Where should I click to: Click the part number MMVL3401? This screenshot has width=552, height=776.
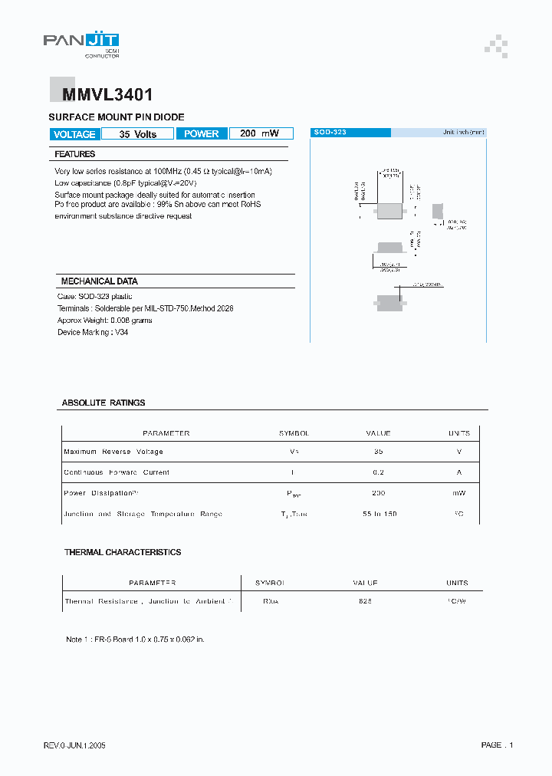point(101,95)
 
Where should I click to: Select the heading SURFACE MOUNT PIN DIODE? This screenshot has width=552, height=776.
point(117,117)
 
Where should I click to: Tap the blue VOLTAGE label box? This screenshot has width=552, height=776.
point(74,134)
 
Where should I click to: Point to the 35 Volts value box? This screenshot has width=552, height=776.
point(138,134)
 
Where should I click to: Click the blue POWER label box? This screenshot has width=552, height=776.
point(202,134)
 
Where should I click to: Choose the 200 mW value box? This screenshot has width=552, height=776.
point(260,134)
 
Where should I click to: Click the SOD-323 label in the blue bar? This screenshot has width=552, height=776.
point(330,133)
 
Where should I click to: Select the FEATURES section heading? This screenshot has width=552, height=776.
point(75,155)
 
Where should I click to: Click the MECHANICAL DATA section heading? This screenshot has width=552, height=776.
point(99,281)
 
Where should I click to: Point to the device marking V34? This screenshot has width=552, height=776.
point(121,332)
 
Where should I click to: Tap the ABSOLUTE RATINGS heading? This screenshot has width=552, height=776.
point(103,403)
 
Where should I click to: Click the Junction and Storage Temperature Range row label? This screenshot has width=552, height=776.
point(143,514)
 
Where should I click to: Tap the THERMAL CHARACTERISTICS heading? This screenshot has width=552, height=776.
point(123,552)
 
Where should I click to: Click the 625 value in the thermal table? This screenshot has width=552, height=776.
point(365,602)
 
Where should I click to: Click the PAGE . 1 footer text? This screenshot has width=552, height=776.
point(497,745)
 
